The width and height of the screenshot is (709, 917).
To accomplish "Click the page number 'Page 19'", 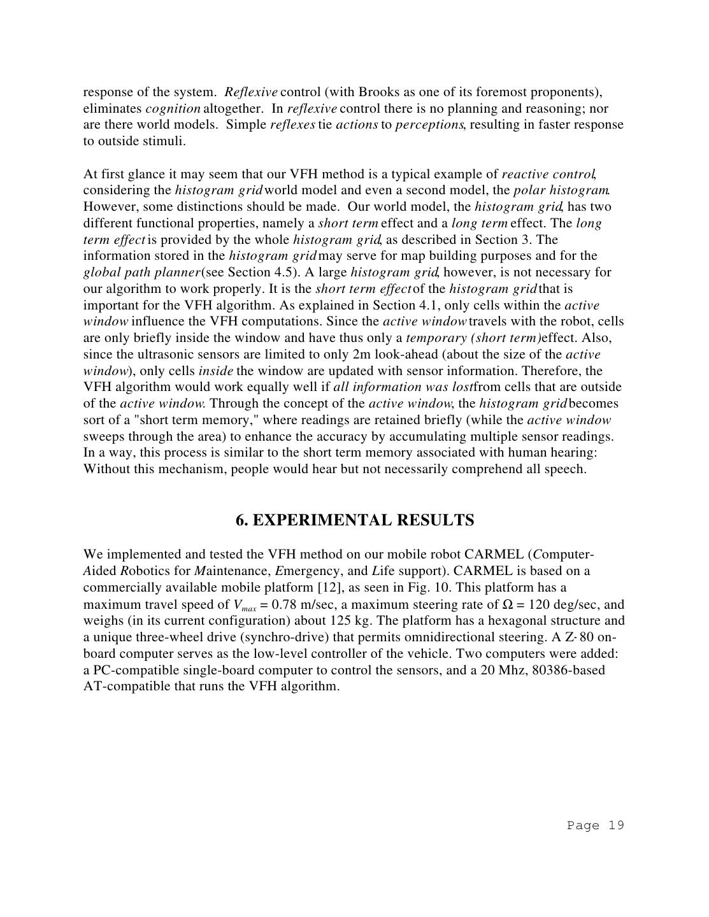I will tap(595, 825).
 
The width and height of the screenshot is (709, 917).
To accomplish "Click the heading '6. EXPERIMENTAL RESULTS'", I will tap(355, 520).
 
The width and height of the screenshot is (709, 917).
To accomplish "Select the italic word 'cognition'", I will tap(173, 108).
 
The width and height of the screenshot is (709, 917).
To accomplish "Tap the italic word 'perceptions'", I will tap(429, 125).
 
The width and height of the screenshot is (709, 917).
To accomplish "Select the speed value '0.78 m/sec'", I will tap(303, 604).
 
